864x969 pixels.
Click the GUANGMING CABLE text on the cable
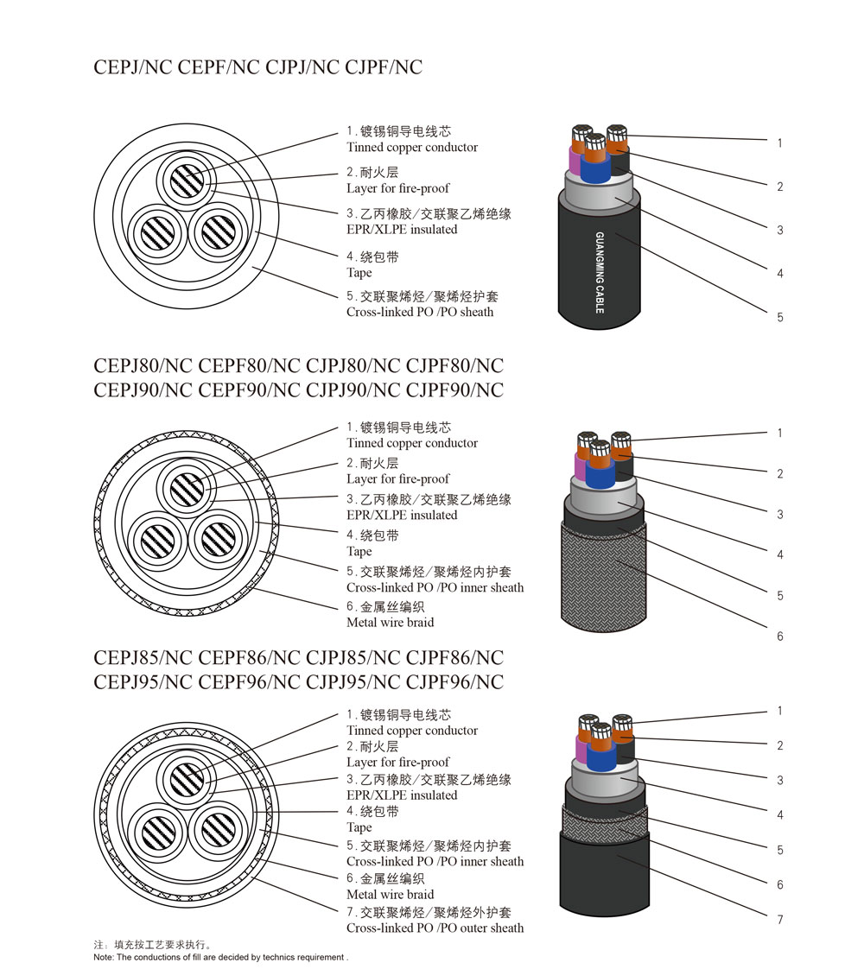pos(600,271)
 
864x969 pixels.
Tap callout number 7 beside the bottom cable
pos(779,920)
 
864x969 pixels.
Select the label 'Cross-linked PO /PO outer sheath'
pos(435,928)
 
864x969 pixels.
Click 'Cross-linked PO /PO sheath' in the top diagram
pos(420,312)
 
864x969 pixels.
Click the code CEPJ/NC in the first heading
pos(133,66)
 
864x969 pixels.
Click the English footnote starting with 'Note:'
pos(220,957)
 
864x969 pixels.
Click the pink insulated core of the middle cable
pos(580,463)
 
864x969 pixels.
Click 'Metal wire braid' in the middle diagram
pos(390,622)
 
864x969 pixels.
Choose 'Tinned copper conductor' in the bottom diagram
pos(411,731)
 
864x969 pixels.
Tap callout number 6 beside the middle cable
pos(779,636)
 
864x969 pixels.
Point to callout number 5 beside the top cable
pos(779,317)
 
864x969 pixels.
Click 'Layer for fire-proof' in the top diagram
pos(397,188)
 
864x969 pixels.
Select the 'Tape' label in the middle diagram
pos(359,551)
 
